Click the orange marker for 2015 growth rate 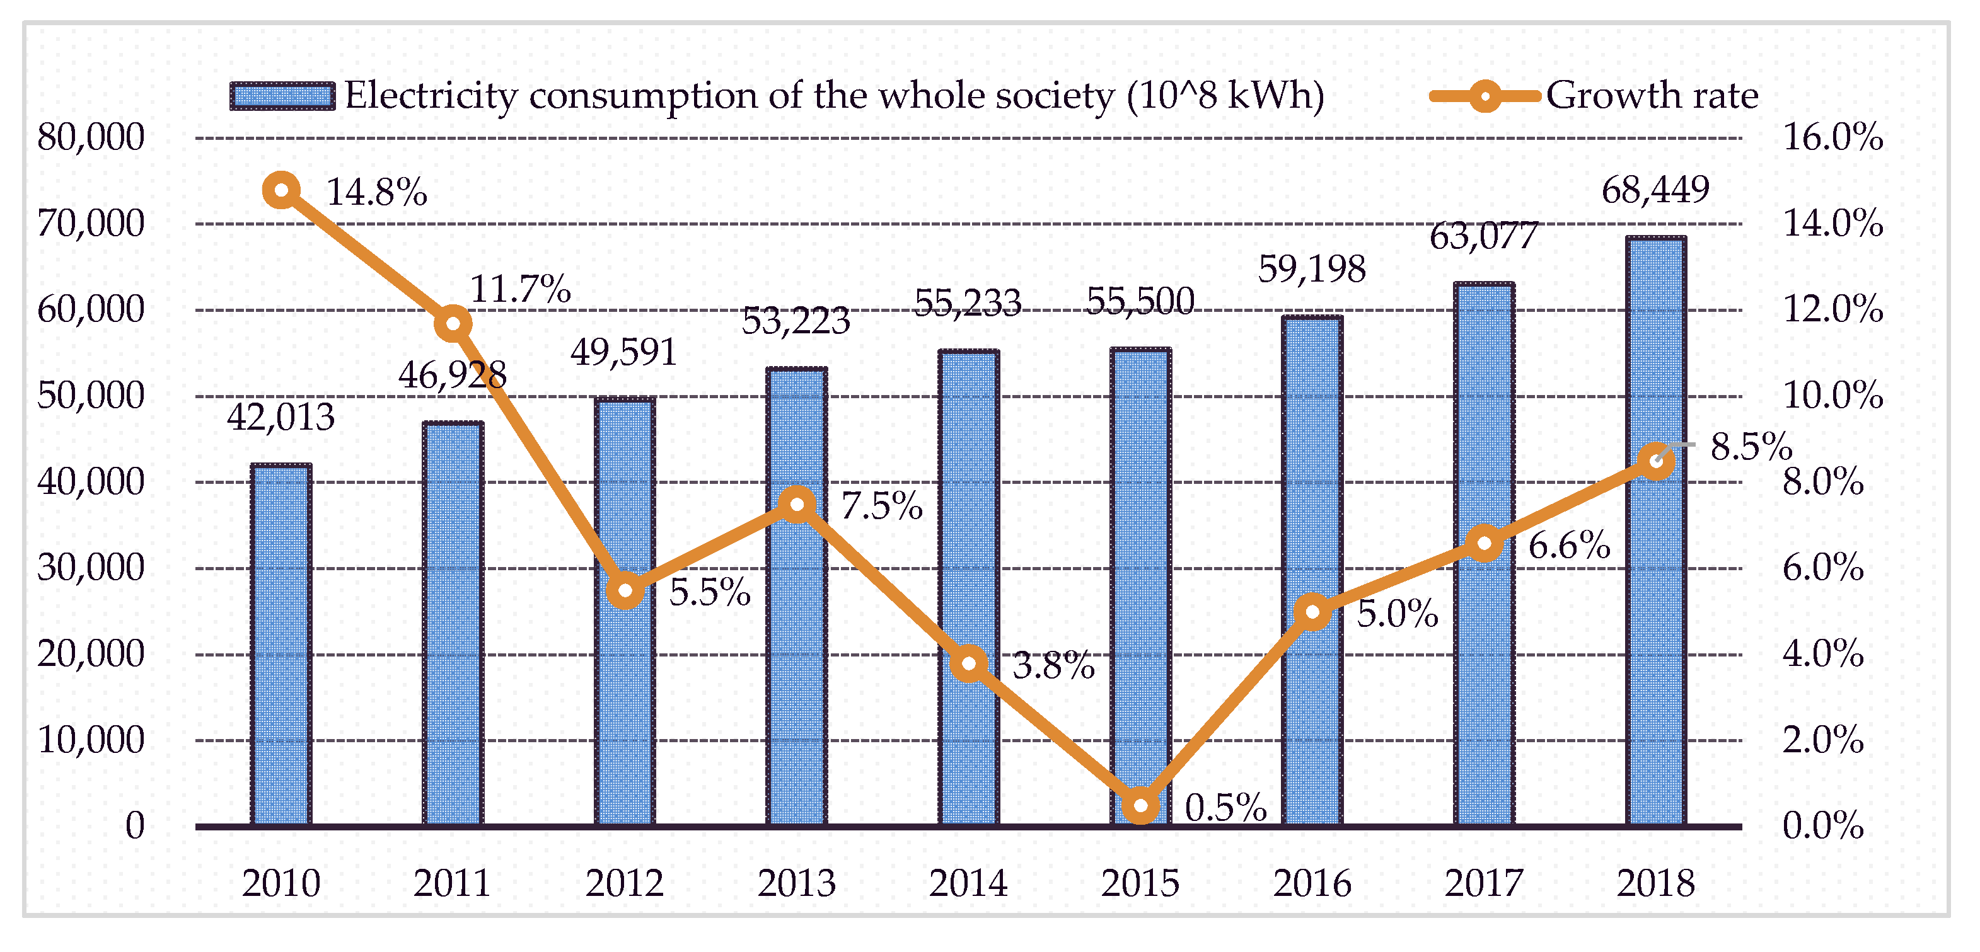[1142, 806]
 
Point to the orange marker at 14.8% [281, 190]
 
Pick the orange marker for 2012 [625, 591]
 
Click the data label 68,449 [1655, 190]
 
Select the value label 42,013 [281, 417]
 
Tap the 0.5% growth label [1225, 808]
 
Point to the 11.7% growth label [519, 290]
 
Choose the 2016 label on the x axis [1312, 883]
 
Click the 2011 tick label [453, 883]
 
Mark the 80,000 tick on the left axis [91, 137]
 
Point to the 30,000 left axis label [91, 568]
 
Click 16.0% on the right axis [1832, 137]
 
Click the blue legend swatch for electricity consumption [282, 96]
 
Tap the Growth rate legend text [1652, 96]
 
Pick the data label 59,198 [1311, 269]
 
